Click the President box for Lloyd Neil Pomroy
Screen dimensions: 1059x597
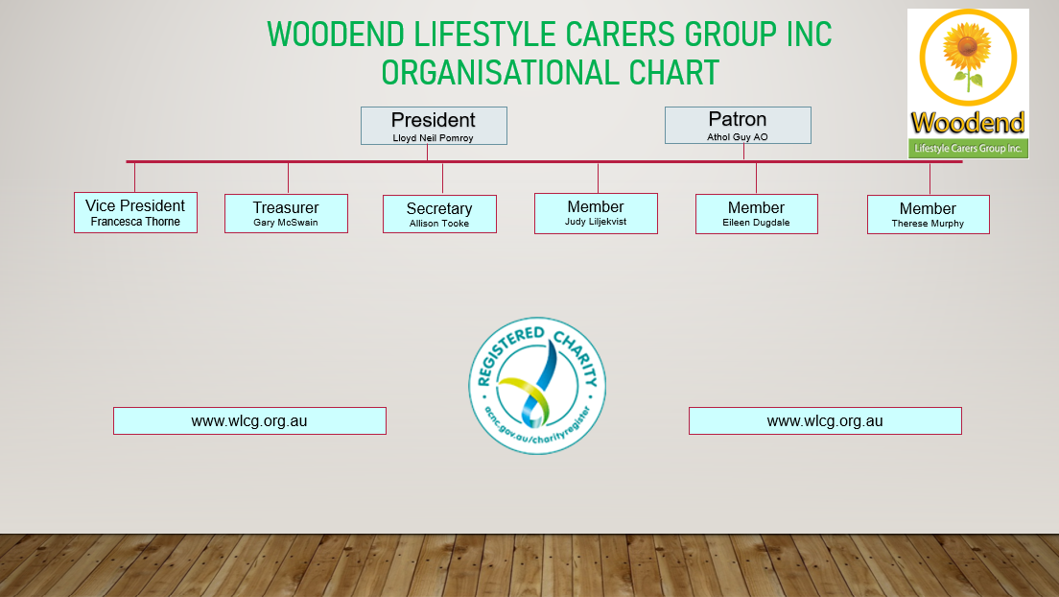434,126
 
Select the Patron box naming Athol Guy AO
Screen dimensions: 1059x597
738,125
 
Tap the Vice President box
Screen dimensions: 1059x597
136,212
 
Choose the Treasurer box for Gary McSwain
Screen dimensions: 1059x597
287,214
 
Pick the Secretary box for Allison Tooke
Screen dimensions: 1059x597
439,214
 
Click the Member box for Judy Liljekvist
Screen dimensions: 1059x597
596,214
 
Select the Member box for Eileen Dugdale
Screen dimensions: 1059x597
757,214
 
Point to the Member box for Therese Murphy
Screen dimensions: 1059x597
928,215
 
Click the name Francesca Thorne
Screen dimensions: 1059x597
136,222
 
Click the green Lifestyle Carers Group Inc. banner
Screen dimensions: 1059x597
968,148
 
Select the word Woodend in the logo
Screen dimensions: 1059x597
968,123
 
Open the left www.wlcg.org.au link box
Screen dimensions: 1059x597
250,421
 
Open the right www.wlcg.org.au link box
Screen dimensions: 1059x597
825,421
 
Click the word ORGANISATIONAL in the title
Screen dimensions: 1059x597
501,73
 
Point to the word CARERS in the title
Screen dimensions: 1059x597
621,35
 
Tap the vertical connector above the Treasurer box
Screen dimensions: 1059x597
289,179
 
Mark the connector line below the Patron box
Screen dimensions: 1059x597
743,152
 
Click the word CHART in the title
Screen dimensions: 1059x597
674,73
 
